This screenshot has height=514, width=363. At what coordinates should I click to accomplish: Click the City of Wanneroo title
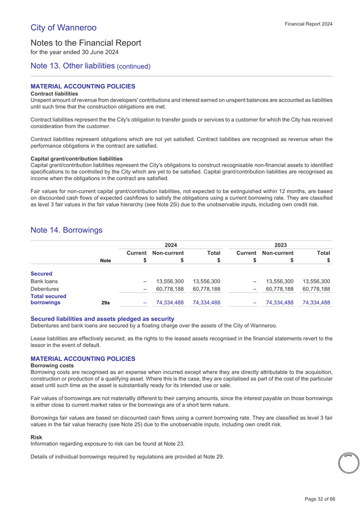pyautogui.click(x=63, y=27)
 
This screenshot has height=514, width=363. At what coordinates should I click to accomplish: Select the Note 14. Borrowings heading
pyautogui.click(x=66, y=230)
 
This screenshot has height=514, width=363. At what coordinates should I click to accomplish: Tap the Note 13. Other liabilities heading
pyautogui.click(x=91, y=66)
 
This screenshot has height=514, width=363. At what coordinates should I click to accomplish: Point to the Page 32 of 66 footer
pyautogui.click(x=320, y=499)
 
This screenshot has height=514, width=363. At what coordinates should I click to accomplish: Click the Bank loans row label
pyautogui.click(x=44, y=281)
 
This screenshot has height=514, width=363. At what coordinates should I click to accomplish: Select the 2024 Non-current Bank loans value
pyautogui.click(x=169, y=281)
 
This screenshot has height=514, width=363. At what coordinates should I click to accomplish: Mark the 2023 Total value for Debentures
pyautogui.click(x=316, y=290)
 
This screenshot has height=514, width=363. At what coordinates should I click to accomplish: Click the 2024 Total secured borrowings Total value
pyautogui.click(x=206, y=303)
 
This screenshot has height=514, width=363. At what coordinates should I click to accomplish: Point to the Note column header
pyautogui.click(x=105, y=261)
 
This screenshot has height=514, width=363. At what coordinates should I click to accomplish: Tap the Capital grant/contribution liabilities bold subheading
pyautogui.click(x=77, y=159)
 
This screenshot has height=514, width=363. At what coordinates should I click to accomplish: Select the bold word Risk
pyautogui.click(x=36, y=437)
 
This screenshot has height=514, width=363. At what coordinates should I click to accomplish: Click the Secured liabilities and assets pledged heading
pyautogui.click(x=99, y=319)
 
